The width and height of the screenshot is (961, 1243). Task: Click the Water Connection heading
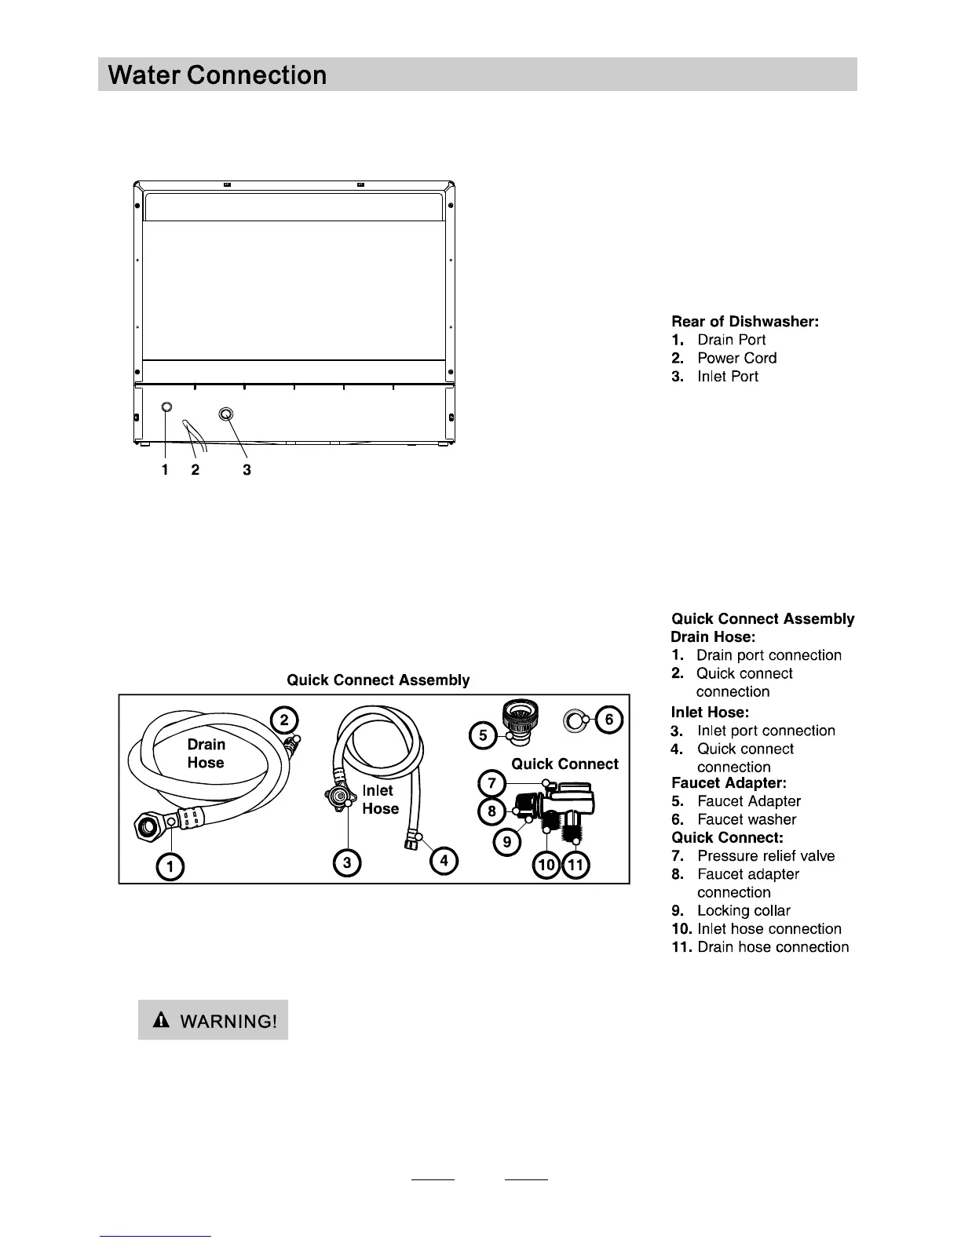(x=218, y=75)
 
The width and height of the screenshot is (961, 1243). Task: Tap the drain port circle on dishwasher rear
(x=166, y=407)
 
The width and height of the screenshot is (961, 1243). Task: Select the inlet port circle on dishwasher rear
(x=226, y=414)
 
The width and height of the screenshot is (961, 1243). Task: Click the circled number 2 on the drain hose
(x=284, y=720)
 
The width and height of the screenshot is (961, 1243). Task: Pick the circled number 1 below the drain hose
(x=170, y=866)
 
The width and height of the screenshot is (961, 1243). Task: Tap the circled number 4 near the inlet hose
(x=444, y=861)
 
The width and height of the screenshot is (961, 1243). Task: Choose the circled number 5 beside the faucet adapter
(x=483, y=735)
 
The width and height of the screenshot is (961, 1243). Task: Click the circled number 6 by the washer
(x=608, y=719)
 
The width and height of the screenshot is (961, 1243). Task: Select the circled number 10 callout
(x=546, y=866)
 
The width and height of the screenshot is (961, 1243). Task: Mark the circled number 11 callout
(x=576, y=866)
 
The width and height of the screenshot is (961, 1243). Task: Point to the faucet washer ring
(x=574, y=718)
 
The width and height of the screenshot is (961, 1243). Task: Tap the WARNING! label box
(x=214, y=1020)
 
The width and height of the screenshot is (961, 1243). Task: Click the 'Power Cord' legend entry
(x=736, y=358)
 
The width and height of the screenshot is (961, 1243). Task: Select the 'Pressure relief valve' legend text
(x=766, y=856)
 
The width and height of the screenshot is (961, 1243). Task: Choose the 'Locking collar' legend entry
(x=743, y=910)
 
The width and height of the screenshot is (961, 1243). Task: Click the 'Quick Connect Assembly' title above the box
(x=378, y=680)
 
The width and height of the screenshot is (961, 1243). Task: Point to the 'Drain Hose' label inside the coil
(x=206, y=753)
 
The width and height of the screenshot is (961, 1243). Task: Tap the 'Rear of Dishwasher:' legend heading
(x=745, y=321)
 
